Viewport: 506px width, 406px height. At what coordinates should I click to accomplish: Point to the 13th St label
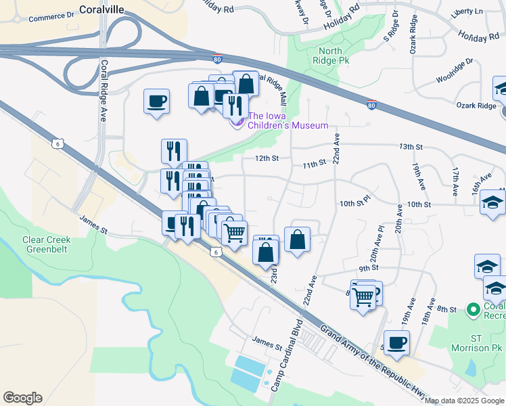(x=410, y=146)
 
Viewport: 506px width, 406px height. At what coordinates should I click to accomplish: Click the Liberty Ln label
(x=469, y=12)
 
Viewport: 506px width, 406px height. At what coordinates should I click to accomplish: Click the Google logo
(x=22, y=397)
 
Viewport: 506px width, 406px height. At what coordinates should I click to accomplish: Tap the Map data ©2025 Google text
(x=464, y=401)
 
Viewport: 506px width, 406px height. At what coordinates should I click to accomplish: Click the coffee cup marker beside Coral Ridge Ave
(x=156, y=102)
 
